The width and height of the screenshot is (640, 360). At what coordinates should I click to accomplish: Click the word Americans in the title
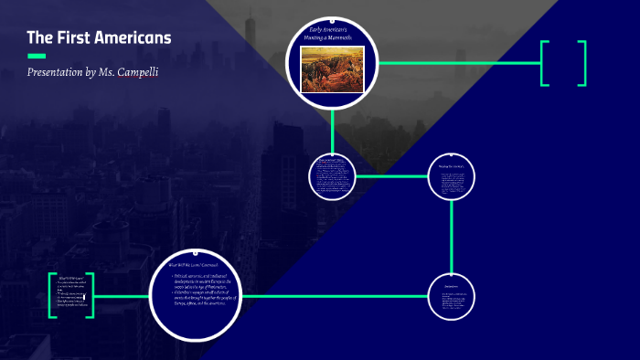pyautogui.click(x=130, y=37)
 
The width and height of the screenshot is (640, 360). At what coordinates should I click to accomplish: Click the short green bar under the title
pyautogui.click(x=37, y=55)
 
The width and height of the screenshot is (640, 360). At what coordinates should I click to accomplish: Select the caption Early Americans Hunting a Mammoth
pyautogui.click(x=332, y=36)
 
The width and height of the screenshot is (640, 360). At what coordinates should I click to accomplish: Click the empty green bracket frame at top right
pyautogui.click(x=562, y=63)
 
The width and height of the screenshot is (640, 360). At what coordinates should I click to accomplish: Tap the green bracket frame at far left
pyautogui.click(x=71, y=295)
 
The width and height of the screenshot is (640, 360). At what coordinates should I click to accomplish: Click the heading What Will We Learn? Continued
pyautogui.click(x=197, y=266)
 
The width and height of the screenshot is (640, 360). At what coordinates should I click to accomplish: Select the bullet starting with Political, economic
pyautogui.click(x=205, y=280)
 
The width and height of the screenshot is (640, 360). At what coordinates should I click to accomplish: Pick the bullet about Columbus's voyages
pyautogui.click(x=205, y=298)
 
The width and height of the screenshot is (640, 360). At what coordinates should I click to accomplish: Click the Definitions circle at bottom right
pyautogui.click(x=453, y=296)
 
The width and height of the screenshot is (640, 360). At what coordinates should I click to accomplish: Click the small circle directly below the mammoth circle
pyautogui.click(x=333, y=175)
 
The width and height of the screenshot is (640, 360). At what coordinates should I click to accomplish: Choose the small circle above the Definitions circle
pyautogui.click(x=453, y=175)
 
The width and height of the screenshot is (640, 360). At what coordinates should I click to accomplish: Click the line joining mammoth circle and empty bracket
pyautogui.click(x=457, y=63)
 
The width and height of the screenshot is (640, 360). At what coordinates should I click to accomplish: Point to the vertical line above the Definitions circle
pyautogui.click(x=453, y=236)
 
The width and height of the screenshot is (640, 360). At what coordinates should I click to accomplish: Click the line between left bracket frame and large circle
pyautogui.click(x=121, y=295)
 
